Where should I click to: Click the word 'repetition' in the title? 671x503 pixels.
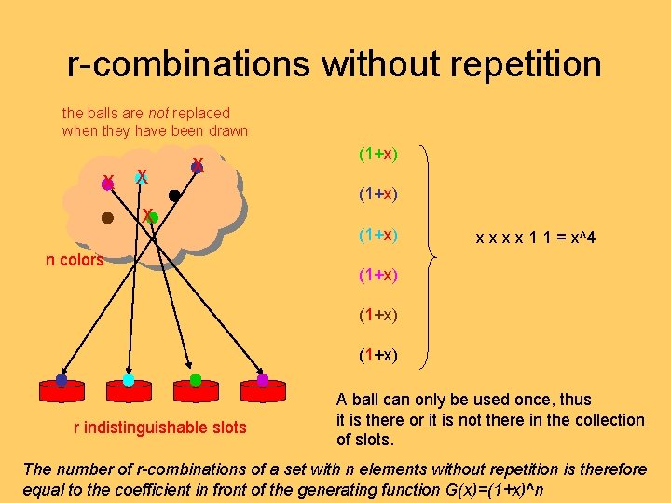pos(527,64)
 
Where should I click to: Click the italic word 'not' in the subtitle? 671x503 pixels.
pos(160,113)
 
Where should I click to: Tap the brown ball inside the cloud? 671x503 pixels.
pos(107,219)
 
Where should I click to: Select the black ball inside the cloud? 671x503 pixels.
pos(174,196)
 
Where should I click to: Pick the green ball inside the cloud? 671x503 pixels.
pos(154,218)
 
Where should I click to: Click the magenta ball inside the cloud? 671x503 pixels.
pos(107,184)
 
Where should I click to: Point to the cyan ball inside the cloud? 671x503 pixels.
pos(141,176)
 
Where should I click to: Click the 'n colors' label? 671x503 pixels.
pos(75,260)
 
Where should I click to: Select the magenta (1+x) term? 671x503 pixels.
pos(378,275)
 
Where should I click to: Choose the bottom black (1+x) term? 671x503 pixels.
pos(378,355)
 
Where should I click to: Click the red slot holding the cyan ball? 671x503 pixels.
pos(129,389)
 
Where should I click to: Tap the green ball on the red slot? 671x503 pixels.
pos(196,380)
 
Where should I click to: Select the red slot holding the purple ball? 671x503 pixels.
pos(263,389)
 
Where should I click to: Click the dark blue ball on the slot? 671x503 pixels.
pos(62,380)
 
